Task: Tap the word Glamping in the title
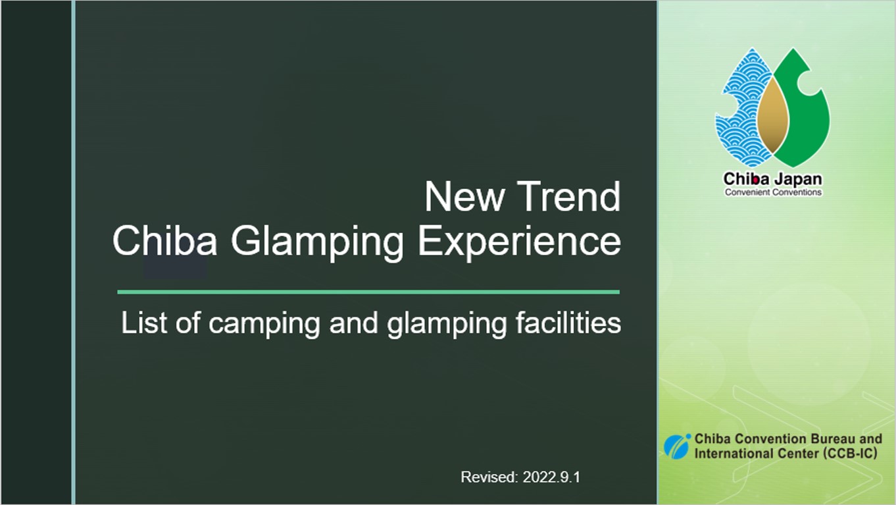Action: [x=317, y=242]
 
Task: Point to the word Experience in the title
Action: [x=519, y=242]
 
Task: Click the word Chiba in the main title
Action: [x=165, y=240]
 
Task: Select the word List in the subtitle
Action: [x=144, y=323]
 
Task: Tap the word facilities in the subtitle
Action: [x=568, y=323]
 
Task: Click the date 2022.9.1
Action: [x=551, y=477]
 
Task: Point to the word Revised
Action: [x=489, y=477]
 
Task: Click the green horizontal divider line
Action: [x=368, y=292]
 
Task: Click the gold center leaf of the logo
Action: [x=773, y=116]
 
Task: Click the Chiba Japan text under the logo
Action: [x=773, y=179]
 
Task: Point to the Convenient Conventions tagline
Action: [x=773, y=192]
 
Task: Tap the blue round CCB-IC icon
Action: [x=677, y=446]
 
